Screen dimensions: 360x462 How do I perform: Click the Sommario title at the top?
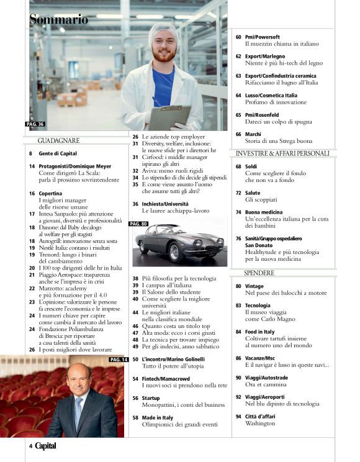59,20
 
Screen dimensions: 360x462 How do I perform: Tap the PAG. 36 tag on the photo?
35,124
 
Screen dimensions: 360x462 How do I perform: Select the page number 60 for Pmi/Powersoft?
238,37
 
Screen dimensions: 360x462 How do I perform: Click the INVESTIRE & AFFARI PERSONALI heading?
282,153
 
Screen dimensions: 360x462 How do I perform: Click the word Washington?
260,423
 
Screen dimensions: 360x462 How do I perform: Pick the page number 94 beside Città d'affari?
238,415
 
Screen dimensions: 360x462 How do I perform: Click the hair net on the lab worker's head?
163,30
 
